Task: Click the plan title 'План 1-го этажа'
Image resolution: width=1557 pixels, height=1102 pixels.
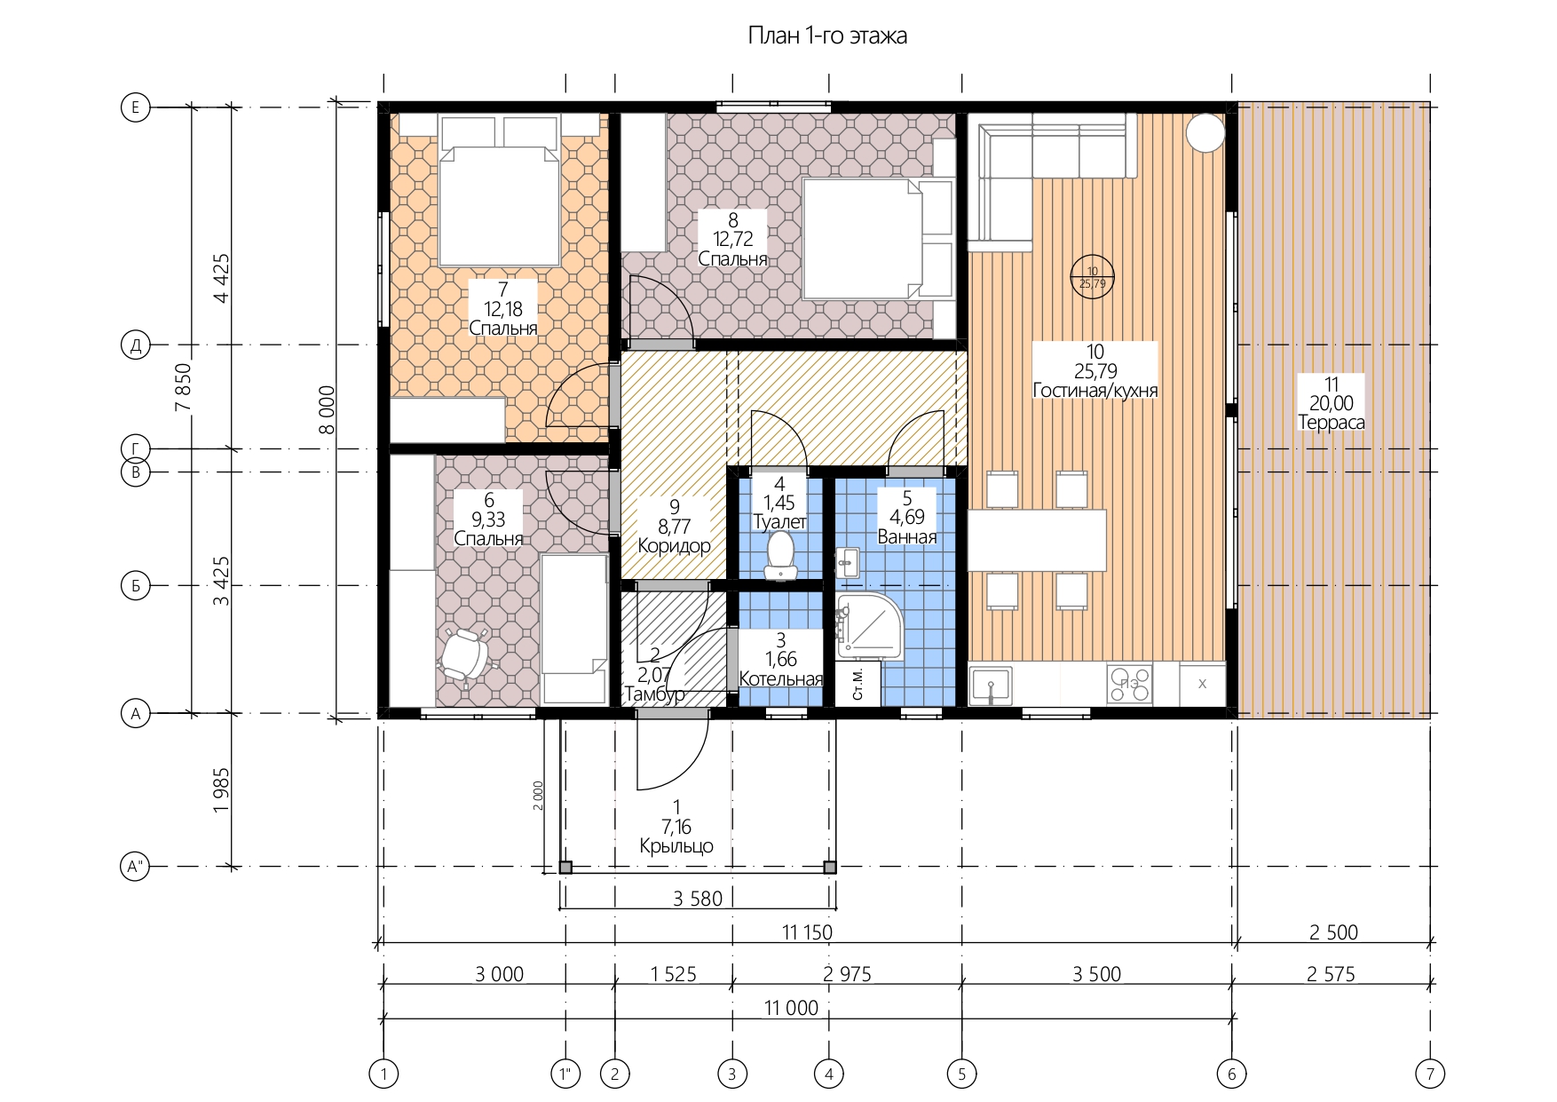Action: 827,36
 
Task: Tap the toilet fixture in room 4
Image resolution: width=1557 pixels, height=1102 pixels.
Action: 780,555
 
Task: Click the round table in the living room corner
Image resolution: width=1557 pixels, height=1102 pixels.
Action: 1205,132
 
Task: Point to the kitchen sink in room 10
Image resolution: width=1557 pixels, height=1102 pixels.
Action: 991,686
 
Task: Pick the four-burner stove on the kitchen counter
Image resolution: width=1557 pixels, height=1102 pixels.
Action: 1129,684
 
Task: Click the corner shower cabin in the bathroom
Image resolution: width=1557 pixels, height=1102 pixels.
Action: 870,626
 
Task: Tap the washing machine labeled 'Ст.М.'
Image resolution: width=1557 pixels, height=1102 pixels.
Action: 858,684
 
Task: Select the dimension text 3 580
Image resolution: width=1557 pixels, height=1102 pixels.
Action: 698,899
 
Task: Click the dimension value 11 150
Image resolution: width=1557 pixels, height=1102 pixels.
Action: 807,932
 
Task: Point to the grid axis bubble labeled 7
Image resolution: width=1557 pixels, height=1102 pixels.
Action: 1430,1074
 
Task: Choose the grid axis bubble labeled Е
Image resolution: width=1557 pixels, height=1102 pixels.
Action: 136,107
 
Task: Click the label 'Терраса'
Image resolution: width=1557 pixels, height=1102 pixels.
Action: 1332,423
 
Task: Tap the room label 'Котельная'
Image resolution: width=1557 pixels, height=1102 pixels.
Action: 781,679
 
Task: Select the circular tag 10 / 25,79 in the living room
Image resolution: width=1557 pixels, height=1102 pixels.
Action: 1092,277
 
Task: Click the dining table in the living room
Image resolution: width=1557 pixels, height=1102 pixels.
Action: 1037,540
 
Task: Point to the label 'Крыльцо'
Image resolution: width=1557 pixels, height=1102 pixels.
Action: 676,846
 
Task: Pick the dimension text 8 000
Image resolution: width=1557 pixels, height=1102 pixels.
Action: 328,409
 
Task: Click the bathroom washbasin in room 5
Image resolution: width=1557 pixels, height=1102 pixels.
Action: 848,563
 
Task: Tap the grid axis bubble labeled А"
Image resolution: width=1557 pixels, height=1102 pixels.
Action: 136,867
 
